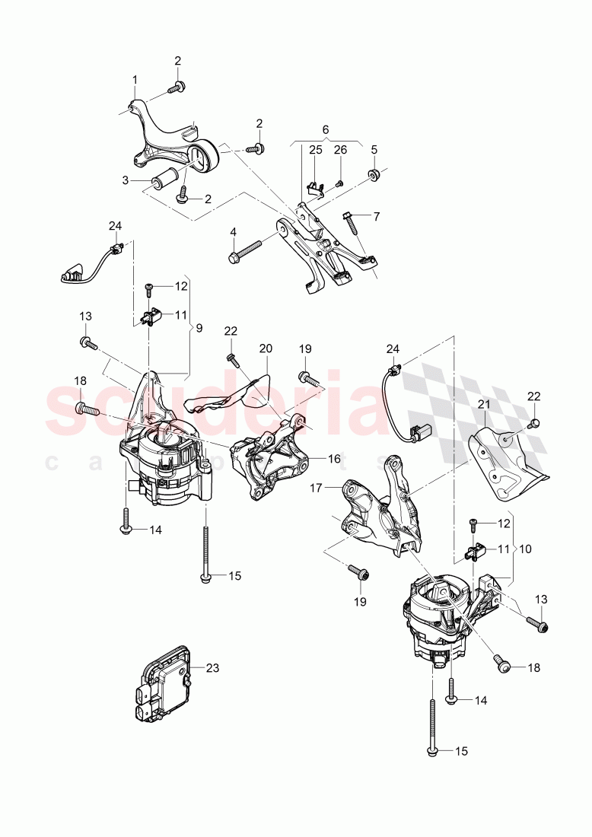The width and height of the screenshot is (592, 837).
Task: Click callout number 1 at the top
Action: tap(135, 80)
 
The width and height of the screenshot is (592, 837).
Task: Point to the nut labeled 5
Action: tap(374, 174)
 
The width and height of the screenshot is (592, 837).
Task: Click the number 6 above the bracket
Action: tap(325, 131)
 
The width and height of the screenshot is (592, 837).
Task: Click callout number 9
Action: tap(199, 329)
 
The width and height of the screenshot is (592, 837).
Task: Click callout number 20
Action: tap(265, 348)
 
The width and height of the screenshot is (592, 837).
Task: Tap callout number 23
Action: tap(212, 668)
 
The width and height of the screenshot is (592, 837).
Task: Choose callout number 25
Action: tap(316, 150)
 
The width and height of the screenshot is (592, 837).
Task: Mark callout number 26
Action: tap(340, 150)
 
